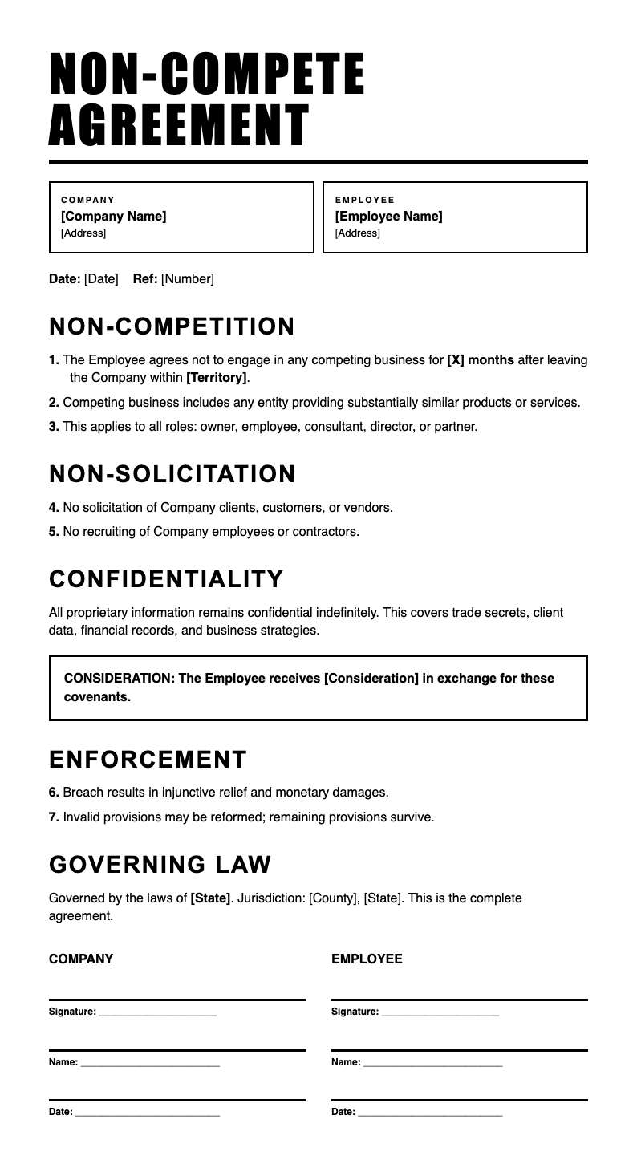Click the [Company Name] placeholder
click(x=114, y=217)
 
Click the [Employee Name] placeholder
click(x=388, y=217)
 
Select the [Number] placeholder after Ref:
click(x=188, y=279)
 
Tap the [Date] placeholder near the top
click(x=101, y=279)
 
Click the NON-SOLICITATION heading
click(x=172, y=474)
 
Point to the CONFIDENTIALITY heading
click(x=167, y=579)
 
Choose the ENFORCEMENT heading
click(x=148, y=760)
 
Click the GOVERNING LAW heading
click(x=160, y=865)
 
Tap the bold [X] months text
click(x=481, y=360)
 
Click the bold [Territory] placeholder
click(x=216, y=378)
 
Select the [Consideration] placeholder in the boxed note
click(x=371, y=679)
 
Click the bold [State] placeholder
click(x=210, y=898)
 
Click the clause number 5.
click(x=54, y=532)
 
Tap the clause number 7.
click(x=54, y=817)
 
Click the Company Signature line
click(x=157, y=1012)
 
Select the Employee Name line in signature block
click(x=432, y=1063)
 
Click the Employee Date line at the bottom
click(x=430, y=1113)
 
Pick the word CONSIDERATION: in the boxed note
click(x=120, y=679)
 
